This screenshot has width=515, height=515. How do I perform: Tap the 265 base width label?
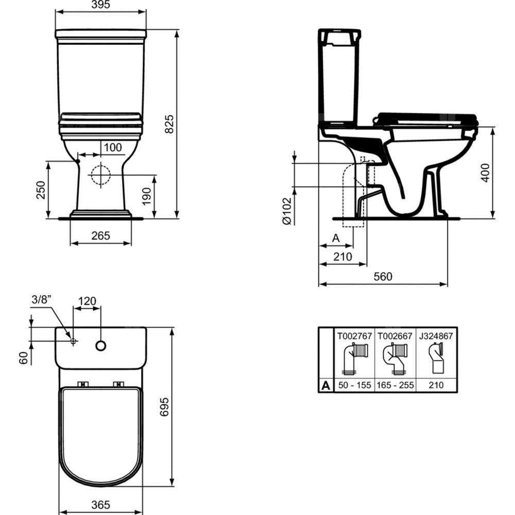(x=100, y=236)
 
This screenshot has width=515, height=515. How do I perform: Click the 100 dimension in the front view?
(x=113, y=148)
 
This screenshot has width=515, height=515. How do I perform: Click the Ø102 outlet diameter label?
(x=287, y=211)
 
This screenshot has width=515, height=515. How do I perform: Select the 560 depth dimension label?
(x=383, y=277)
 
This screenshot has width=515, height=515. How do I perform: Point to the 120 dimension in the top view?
(x=88, y=301)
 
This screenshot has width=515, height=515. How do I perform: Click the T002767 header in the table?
(x=354, y=335)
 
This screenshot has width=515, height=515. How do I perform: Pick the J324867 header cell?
(x=436, y=335)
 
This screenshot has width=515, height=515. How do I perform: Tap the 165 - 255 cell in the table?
(x=396, y=385)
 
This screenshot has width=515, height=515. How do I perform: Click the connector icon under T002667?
(x=395, y=358)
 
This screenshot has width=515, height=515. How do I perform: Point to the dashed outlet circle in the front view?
(x=100, y=175)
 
